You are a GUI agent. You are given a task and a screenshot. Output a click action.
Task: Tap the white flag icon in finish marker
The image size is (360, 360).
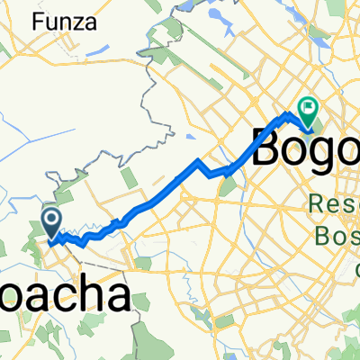click(x=310, y=108)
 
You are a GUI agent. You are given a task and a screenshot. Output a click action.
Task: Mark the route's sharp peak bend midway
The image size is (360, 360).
click(x=198, y=161)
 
